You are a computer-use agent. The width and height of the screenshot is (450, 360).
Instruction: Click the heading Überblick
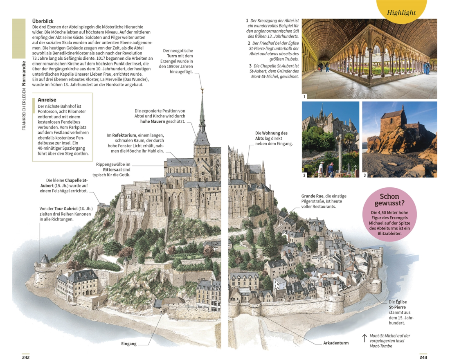coord(43,21)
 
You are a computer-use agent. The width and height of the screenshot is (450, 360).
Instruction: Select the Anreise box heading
coord(47,100)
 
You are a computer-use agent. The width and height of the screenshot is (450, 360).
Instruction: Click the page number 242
coord(26,357)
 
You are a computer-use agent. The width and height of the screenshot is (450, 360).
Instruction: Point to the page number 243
coord(423,357)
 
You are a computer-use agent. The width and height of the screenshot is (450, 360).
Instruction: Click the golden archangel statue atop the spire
coord(202,91)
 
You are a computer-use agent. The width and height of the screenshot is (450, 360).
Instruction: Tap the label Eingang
coord(129,344)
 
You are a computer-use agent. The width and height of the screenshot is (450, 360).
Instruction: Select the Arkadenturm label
coord(336,343)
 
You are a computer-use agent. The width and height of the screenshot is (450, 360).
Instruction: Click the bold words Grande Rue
coord(312,196)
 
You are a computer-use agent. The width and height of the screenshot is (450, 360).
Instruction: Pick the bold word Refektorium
coord(124,135)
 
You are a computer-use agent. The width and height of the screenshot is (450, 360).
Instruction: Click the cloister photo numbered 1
coord(369,59)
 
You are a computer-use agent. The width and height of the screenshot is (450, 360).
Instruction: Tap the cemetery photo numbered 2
coord(330,139)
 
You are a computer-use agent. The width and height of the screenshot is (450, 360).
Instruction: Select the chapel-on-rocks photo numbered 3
coord(400,139)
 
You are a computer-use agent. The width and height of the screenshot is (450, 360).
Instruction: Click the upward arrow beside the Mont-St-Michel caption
coord(364,338)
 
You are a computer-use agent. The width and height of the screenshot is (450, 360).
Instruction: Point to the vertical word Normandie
coord(24,74)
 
